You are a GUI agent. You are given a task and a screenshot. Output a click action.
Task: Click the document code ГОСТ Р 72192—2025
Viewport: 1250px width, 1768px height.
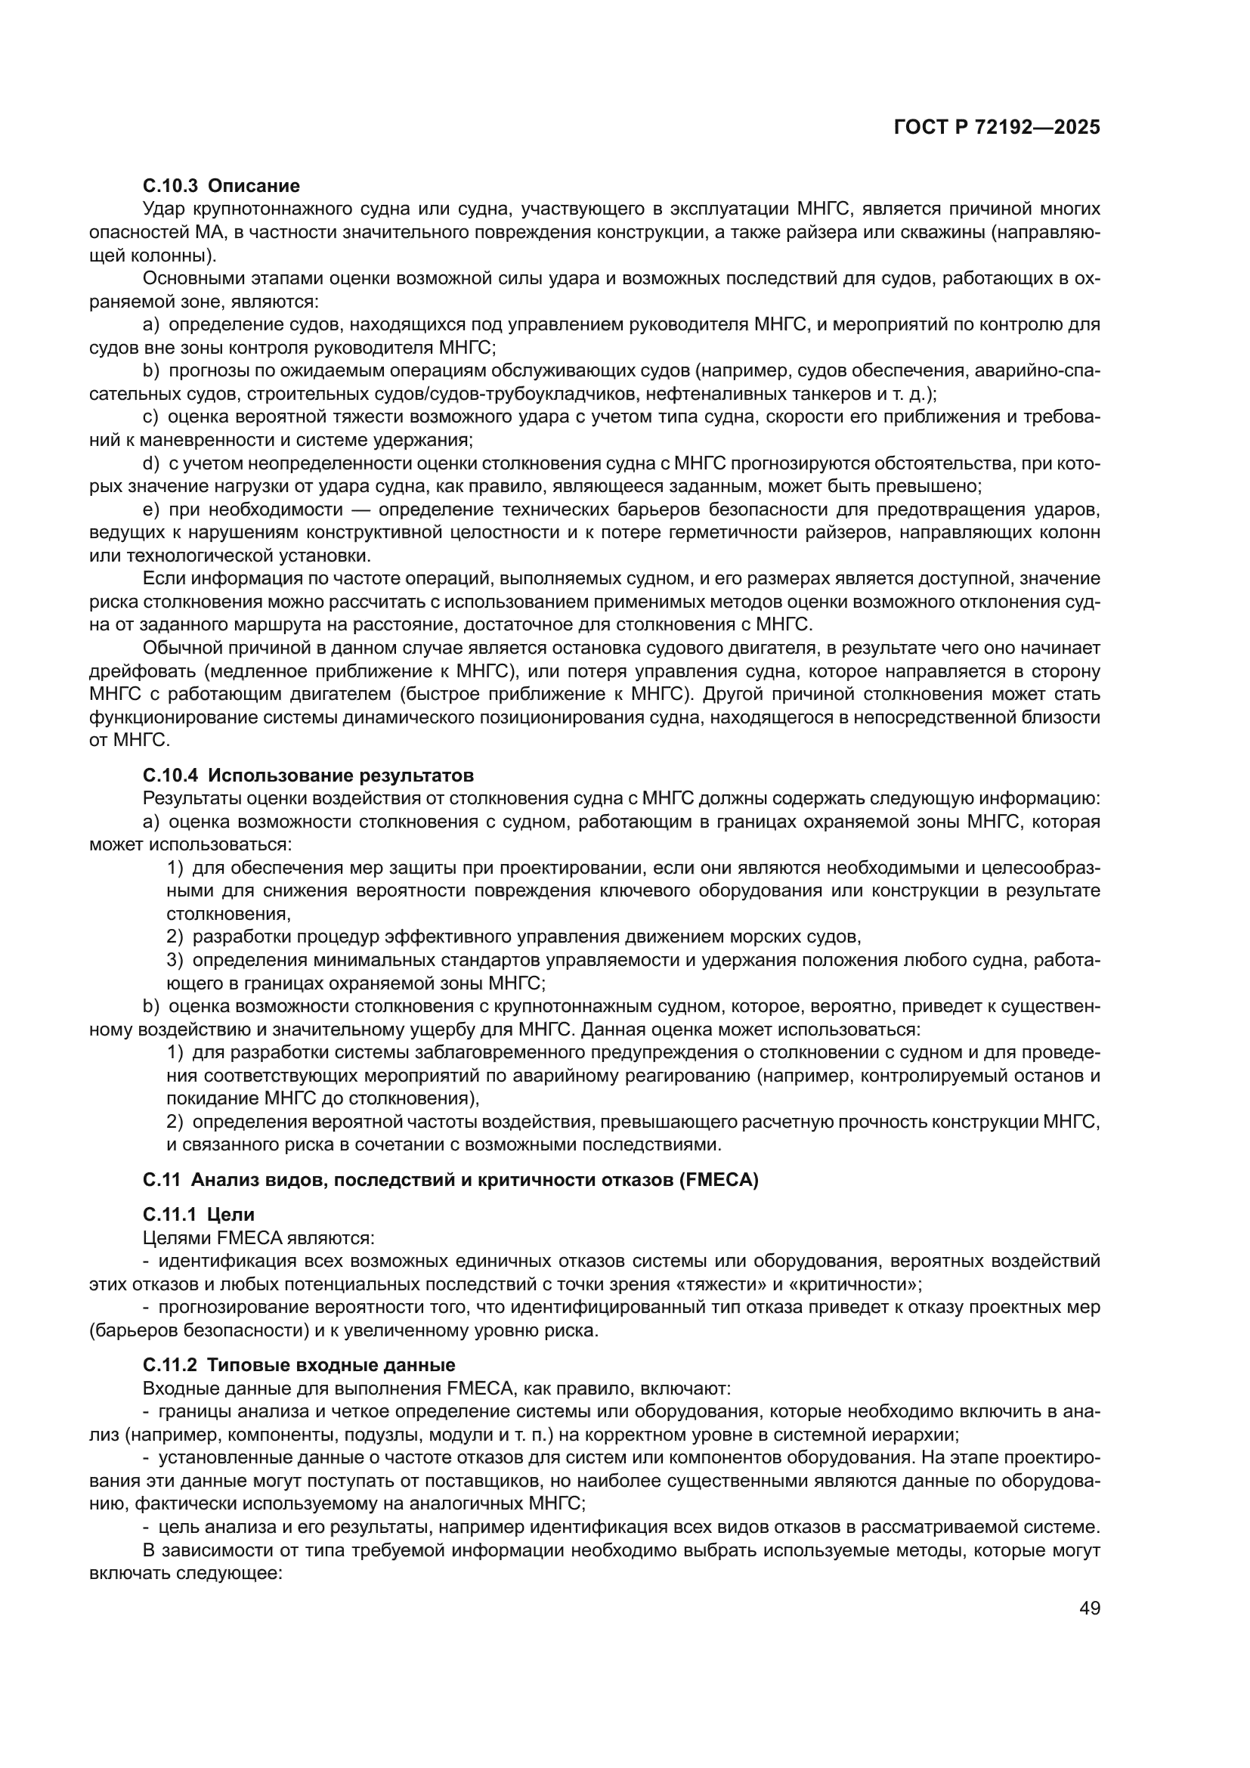997,128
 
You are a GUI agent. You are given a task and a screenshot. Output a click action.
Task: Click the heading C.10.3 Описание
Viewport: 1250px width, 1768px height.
221,186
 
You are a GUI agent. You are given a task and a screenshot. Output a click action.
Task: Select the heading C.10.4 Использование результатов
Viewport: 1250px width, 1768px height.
308,775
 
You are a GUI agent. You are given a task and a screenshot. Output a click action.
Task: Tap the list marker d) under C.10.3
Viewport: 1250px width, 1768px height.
151,463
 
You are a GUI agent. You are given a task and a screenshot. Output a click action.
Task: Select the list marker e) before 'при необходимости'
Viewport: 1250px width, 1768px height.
151,509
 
